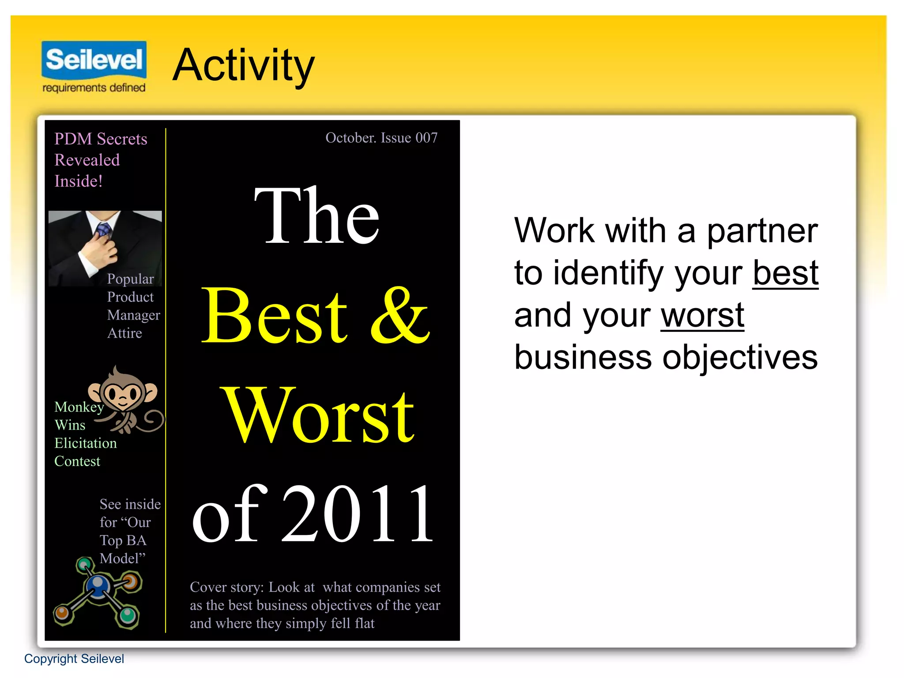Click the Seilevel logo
[x=94, y=60]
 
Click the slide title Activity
[x=243, y=65]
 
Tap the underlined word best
[x=785, y=273]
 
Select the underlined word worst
[x=702, y=315]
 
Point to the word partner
[x=762, y=231]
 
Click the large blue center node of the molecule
[x=98, y=585]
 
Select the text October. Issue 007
[x=381, y=138]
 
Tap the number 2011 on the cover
[x=358, y=513]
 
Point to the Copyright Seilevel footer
[x=74, y=659]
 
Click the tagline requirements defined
[x=94, y=88]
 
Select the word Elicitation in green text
[x=86, y=443]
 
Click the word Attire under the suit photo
[x=124, y=333]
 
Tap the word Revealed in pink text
[x=87, y=160]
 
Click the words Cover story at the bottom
[x=226, y=588]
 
